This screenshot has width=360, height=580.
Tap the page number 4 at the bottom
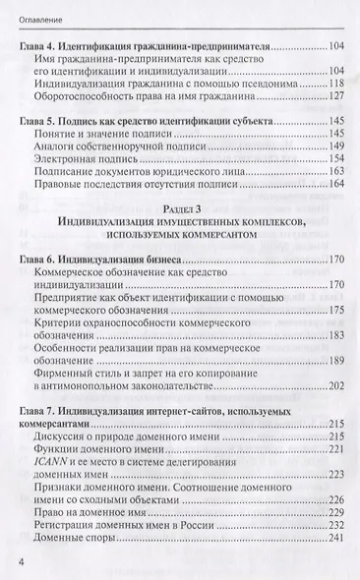(x=22, y=560)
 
